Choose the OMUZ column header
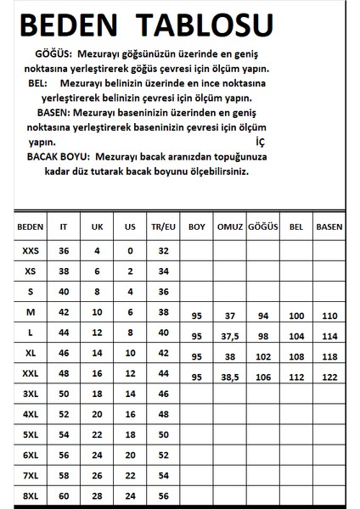231,227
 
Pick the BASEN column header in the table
329,227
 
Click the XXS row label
29,251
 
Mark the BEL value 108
296,356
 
